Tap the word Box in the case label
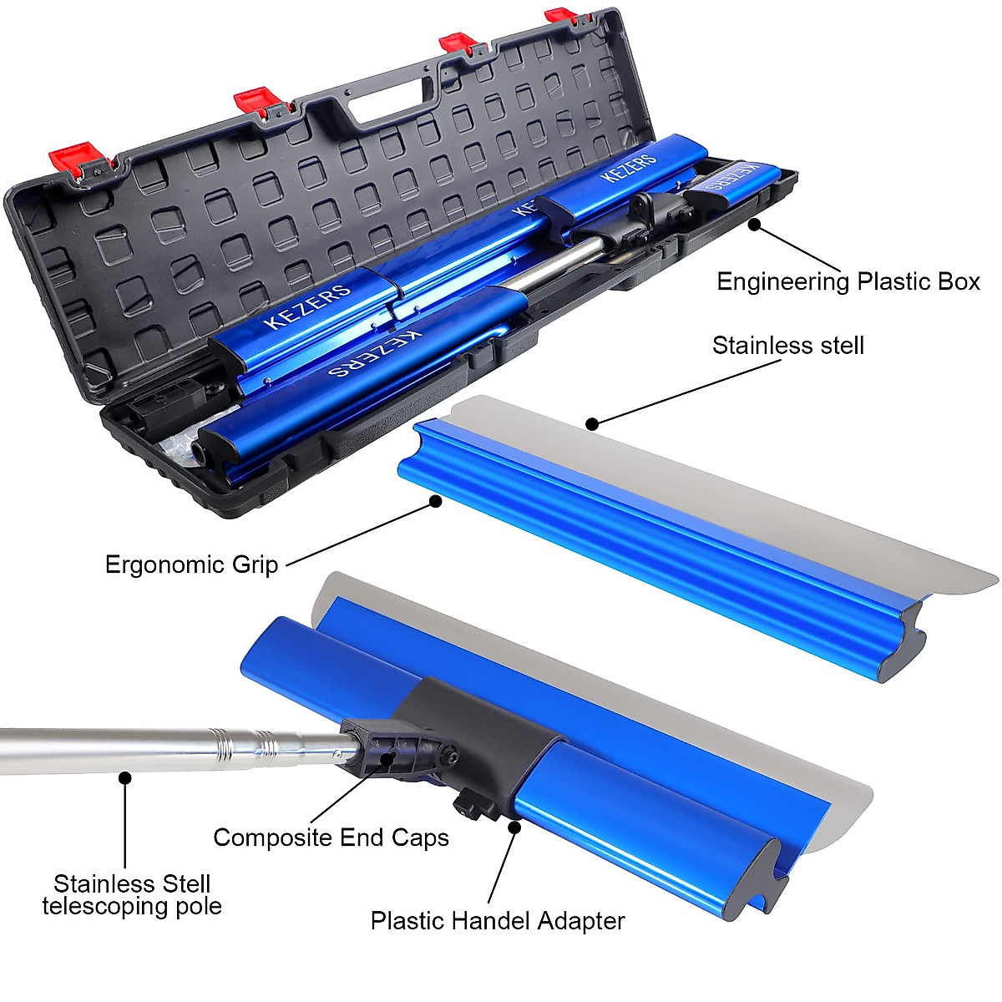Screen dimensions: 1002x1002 958,282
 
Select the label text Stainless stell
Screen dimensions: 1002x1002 787,346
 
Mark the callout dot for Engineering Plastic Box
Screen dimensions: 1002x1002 754,224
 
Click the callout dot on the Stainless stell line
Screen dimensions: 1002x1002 592,424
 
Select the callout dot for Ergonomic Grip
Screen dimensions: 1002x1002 435,501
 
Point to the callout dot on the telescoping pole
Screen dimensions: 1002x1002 125,777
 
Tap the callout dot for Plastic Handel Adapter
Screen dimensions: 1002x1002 514,827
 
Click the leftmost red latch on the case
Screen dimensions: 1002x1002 72,159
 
